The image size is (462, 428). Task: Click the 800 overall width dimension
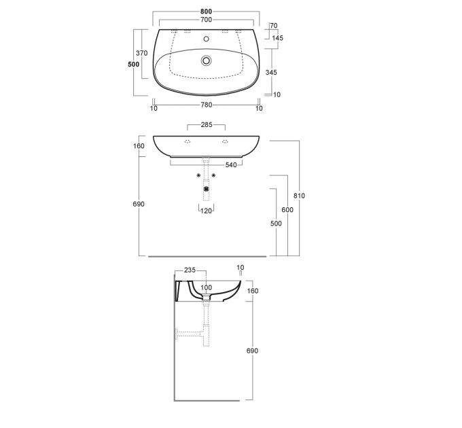(207, 12)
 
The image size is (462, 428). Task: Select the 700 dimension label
(207, 20)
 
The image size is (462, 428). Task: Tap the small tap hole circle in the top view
(207, 39)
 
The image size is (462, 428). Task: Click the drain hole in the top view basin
(207, 60)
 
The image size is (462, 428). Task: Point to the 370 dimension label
(142, 53)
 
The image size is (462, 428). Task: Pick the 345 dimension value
(271, 72)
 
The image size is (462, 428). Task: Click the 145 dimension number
(278, 38)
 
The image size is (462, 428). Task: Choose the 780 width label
(207, 105)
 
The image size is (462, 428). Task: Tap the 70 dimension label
(274, 26)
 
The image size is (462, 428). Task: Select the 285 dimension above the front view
(207, 124)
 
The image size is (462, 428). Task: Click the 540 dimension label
(231, 165)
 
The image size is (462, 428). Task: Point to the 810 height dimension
(299, 196)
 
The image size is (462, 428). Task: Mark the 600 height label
(287, 209)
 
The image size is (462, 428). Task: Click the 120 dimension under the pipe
(207, 211)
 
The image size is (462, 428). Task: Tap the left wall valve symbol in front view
(199, 175)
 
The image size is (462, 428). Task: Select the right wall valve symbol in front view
(213, 175)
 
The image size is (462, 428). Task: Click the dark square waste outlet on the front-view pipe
(207, 188)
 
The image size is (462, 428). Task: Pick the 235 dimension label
(190, 270)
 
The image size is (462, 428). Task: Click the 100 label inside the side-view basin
(207, 287)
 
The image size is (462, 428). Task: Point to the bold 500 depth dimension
(133, 65)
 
